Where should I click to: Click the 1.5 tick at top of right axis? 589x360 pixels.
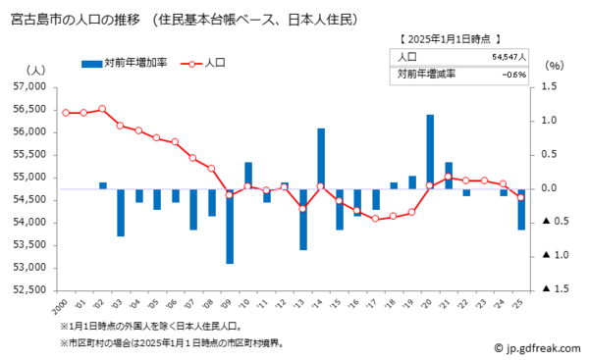coord(549,87)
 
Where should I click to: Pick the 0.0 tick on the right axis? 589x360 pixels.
coord(549,188)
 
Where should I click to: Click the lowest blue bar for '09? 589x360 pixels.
coord(230,226)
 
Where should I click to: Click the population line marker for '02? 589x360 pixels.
coord(102,109)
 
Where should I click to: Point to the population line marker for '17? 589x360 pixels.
coord(376,218)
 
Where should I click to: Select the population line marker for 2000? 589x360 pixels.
coord(66,113)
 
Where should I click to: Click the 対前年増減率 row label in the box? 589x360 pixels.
coord(426,74)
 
